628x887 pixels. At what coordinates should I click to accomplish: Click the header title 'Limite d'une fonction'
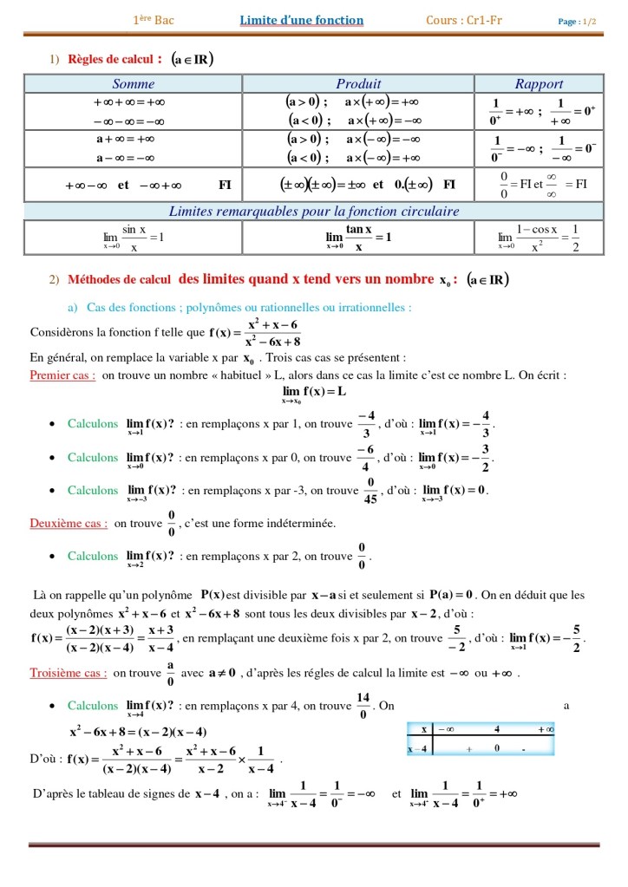[x=302, y=21]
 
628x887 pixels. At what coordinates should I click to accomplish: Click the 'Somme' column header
[x=134, y=84]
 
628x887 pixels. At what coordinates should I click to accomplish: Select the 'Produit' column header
[x=358, y=84]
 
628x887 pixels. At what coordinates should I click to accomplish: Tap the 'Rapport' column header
[x=539, y=84]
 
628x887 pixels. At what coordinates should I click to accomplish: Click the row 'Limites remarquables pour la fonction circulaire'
[x=313, y=212]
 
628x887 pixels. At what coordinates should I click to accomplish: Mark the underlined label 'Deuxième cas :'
[x=69, y=524]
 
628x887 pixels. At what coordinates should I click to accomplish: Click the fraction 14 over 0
[x=363, y=706]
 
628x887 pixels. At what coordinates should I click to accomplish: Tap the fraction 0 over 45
[x=370, y=491]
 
